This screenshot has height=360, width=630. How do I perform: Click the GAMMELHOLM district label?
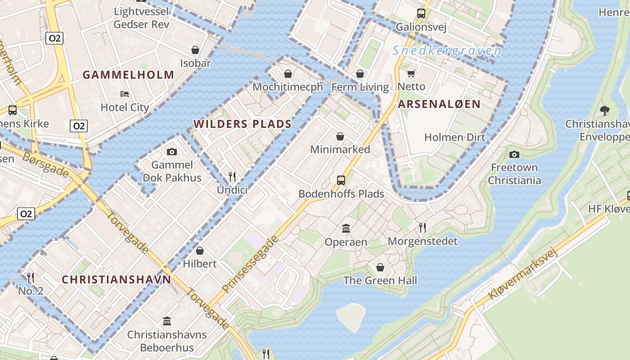128,75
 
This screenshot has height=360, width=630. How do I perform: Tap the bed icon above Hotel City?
125,94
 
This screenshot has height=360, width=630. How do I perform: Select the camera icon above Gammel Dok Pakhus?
172,152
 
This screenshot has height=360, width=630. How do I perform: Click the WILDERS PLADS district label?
243,124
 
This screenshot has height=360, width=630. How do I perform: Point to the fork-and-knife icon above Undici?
232,176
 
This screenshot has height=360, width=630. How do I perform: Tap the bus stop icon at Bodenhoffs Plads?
341,180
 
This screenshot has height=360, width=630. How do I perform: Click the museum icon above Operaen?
346,229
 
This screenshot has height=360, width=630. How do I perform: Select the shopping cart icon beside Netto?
411,73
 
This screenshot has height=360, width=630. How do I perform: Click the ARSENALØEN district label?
439,104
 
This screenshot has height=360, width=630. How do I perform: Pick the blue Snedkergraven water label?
446,50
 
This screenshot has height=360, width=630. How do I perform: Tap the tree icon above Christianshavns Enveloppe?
605,110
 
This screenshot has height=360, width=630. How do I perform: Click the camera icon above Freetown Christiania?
514,154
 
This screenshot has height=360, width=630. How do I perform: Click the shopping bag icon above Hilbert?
200,250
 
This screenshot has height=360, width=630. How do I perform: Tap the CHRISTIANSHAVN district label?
116,279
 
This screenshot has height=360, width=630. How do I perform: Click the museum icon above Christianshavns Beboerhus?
167,321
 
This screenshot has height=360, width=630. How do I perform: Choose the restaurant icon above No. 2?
31,277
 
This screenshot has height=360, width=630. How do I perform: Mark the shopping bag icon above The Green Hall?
380,267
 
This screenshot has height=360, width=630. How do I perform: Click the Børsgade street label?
45,164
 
